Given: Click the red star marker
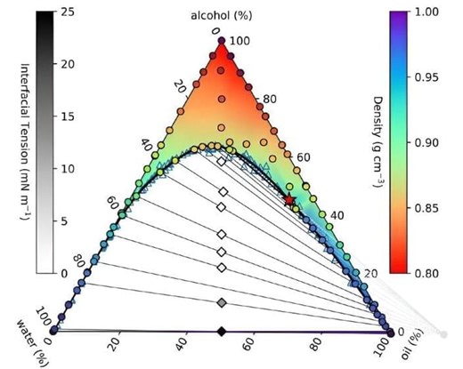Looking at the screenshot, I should (289, 200).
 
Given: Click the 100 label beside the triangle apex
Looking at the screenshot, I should (240, 41).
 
